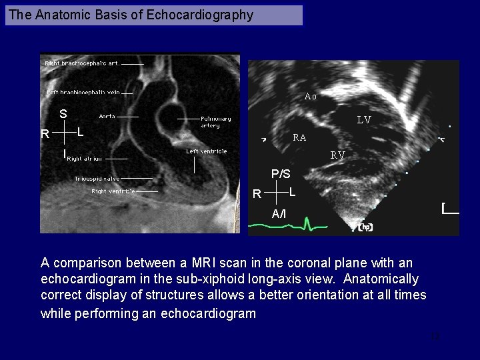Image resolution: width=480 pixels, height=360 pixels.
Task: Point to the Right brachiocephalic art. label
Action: coord(82,63)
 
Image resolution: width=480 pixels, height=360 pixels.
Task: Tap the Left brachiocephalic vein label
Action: coord(83,93)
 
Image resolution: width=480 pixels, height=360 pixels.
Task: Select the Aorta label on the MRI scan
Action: coord(107,116)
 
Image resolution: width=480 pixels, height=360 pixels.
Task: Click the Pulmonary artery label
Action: coord(216,122)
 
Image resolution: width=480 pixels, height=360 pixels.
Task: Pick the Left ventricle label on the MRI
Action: coord(207,151)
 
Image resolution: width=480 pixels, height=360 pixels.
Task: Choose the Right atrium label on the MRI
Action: coord(84,159)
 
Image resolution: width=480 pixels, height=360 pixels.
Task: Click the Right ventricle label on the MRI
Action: coord(113,191)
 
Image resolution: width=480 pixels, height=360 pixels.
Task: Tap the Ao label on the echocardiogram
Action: coord(311,96)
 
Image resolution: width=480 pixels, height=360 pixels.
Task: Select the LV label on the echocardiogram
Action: coord(363,121)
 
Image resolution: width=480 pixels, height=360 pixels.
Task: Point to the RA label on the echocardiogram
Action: coord(300,138)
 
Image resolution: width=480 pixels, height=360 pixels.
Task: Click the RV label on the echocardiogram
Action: coord(338,155)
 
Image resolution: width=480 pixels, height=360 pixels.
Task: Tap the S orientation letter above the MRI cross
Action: coord(63,114)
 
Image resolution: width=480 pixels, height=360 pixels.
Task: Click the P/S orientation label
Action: coord(281,174)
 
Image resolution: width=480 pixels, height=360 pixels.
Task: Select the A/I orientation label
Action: coord(279,213)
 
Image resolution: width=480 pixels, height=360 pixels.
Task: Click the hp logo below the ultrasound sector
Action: coord(365,227)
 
